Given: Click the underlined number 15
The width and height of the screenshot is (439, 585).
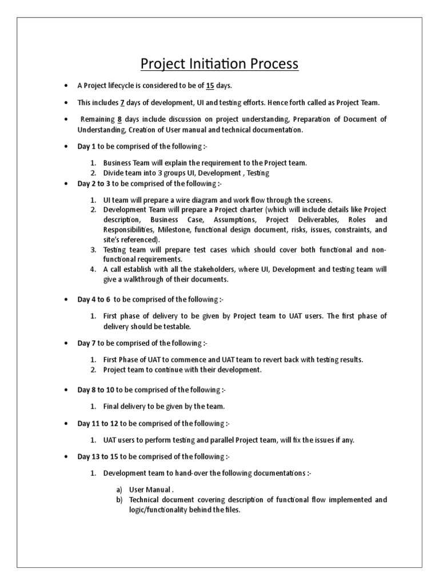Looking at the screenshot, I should tap(210, 86).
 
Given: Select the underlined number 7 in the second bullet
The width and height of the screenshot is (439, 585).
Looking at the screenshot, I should tap(122, 102).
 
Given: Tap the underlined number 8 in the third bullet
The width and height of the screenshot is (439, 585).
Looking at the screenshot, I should tap(119, 119).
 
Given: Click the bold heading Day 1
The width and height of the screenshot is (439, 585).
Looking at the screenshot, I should tap(86, 146).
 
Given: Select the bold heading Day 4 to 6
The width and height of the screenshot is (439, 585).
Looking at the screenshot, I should tap(94, 299).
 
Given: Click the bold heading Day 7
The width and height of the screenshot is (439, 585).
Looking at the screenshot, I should tap(86, 343).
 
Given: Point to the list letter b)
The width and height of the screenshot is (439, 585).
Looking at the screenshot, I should tap(119, 500).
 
